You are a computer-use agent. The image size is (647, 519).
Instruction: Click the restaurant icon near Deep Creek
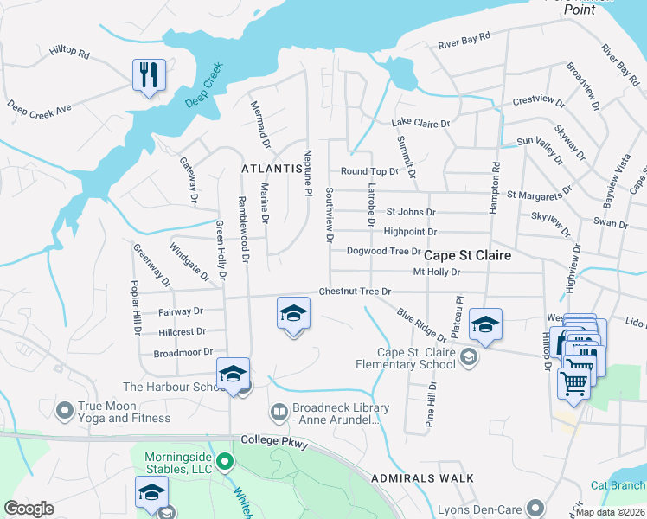coord(149,75)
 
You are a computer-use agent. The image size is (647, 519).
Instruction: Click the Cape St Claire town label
coord(467,256)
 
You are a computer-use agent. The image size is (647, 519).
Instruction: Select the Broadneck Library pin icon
coord(279,409)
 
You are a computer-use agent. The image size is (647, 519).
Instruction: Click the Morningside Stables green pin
coord(225,461)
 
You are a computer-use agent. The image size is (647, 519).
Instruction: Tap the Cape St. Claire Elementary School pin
coord(469,357)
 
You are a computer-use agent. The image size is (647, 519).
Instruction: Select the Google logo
coord(29,509)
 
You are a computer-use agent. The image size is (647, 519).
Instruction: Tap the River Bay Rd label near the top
coord(464,40)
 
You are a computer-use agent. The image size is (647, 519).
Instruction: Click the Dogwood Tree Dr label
coord(383,252)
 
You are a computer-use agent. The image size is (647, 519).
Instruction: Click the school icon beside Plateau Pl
coord(486,325)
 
